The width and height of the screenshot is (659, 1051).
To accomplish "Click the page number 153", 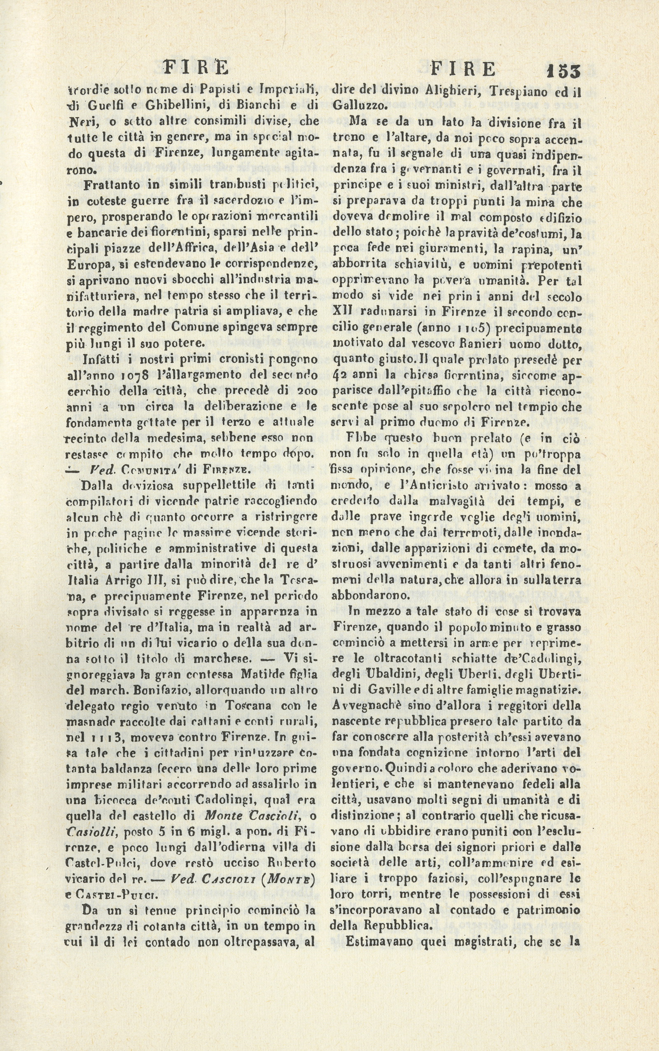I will pyautogui.click(x=562, y=70).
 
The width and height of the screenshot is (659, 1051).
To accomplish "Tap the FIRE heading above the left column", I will pyautogui.click(x=195, y=68).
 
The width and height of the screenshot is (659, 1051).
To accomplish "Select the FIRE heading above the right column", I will pyautogui.click(x=463, y=69).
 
